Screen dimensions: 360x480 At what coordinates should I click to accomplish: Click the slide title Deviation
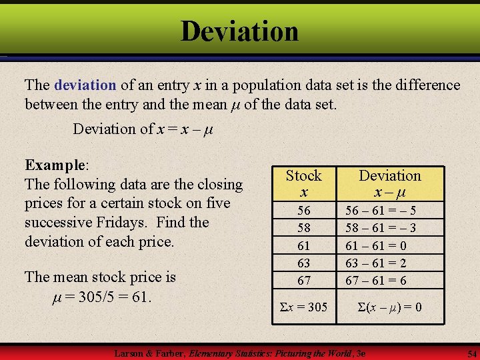pos(239,31)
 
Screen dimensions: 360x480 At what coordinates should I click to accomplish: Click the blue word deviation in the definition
pos(85,85)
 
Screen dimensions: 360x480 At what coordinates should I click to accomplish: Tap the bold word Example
pos(55,165)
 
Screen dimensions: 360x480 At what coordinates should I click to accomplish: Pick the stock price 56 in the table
pos(304,211)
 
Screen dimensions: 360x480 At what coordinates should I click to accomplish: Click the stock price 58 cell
pos(304,228)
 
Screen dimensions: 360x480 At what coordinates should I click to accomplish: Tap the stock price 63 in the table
pos(304,263)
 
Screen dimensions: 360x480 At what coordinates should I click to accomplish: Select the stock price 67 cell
pos(304,280)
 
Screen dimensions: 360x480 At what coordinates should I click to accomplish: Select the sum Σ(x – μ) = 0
pos(390,307)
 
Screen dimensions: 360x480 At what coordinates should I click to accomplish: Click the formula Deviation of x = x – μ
pos(143,129)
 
